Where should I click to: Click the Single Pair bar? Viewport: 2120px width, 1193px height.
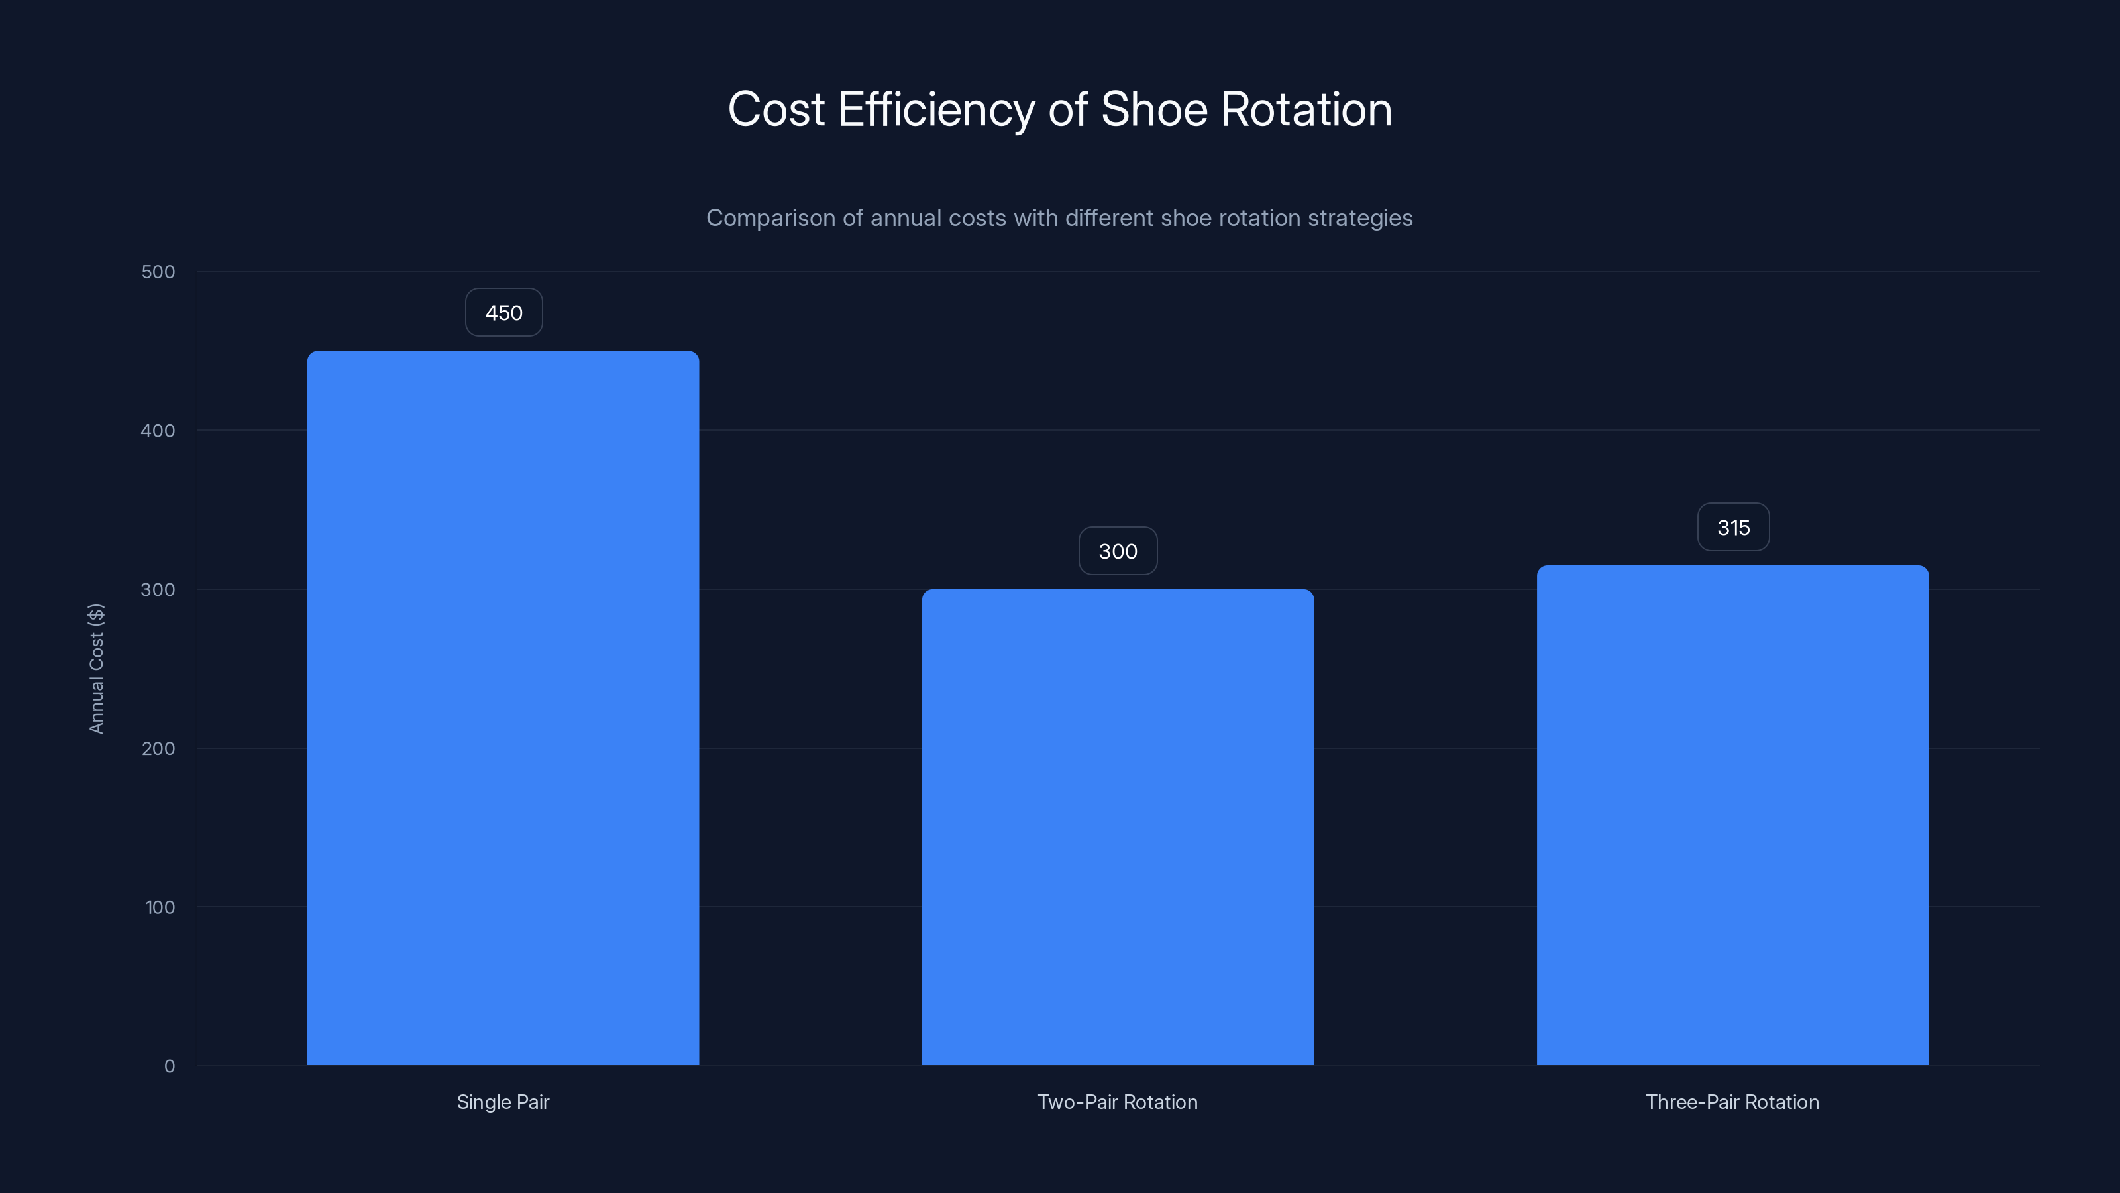click(503, 708)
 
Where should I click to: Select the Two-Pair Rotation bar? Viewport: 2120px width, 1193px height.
click(1118, 826)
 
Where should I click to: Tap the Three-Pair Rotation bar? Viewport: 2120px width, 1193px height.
click(1732, 815)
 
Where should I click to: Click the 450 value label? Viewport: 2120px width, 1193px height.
click(503, 313)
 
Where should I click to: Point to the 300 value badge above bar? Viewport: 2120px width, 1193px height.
click(1118, 551)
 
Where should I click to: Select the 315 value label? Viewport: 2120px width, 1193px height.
click(1733, 528)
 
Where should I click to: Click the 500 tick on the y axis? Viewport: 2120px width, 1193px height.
click(158, 272)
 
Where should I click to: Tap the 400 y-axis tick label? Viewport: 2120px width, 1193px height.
click(158, 431)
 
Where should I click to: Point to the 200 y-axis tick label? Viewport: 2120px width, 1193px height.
click(158, 748)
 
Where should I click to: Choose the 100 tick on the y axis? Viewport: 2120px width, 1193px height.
click(160, 907)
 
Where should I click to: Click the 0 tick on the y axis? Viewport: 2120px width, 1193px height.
click(170, 1066)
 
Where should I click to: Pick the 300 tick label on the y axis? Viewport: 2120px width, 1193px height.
click(158, 589)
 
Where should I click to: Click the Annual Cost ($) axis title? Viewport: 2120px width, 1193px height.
click(96, 669)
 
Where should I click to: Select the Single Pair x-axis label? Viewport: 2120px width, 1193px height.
click(503, 1102)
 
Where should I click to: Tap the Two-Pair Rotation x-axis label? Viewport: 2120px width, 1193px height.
click(1118, 1102)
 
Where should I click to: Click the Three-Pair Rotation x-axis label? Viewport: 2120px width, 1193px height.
click(1732, 1102)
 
